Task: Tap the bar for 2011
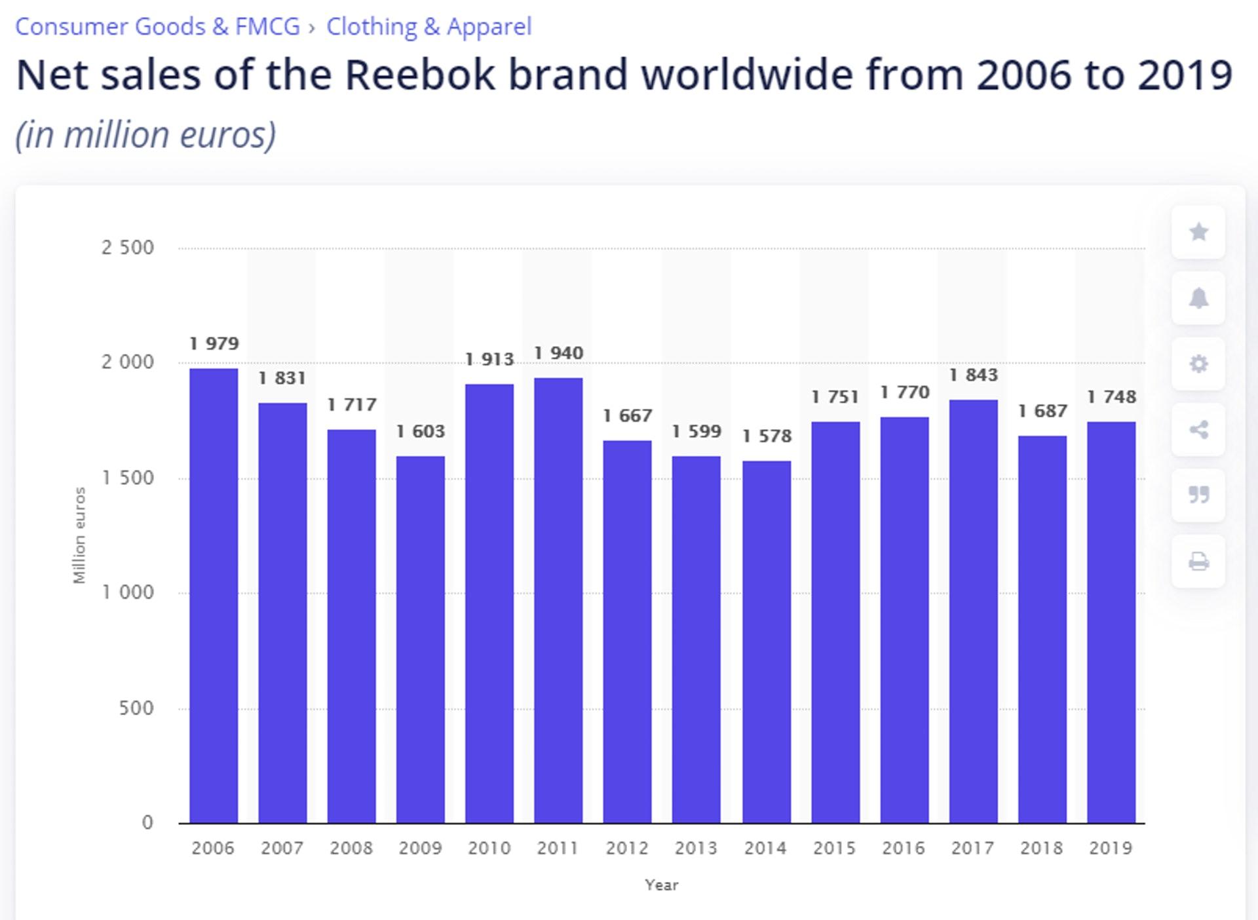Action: pos(558,600)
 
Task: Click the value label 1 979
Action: pos(214,343)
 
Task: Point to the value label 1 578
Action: pos(767,436)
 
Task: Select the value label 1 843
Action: pos(973,375)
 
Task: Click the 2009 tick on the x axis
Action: pos(421,848)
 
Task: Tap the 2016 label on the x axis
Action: pos(904,848)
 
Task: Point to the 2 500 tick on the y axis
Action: pos(128,248)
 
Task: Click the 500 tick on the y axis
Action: pos(136,708)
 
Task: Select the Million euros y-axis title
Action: pos(79,535)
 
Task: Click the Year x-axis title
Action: pos(661,885)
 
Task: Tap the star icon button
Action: pos(1198,232)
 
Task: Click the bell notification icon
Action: pos(1198,298)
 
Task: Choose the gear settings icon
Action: pos(1198,364)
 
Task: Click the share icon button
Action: pos(1198,430)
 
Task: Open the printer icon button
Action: pos(1198,562)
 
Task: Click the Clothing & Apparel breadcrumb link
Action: pos(429,27)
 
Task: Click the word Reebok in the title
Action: pos(419,75)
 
